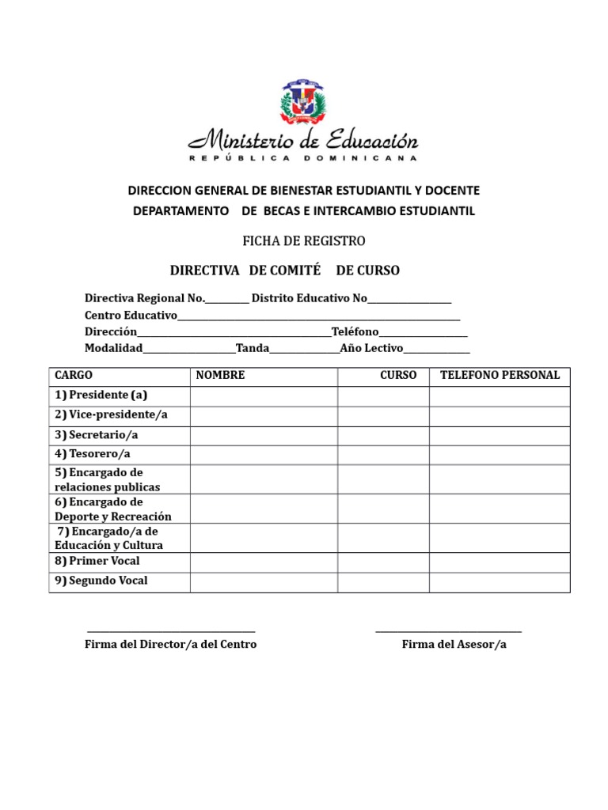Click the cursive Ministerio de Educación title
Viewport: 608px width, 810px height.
[x=303, y=142]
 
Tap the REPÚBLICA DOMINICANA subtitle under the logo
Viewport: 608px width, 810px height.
[x=303, y=159]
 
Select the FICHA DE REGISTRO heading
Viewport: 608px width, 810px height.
[x=303, y=240]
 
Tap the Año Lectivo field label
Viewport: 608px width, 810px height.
[x=371, y=348]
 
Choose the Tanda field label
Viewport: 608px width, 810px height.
[x=253, y=348]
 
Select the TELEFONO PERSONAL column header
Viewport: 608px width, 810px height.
[x=500, y=376]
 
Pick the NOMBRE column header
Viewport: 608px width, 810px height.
[x=221, y=376]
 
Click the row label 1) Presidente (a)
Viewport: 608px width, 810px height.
[x=101, y=396]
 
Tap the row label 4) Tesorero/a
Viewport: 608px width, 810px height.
[x=93, y=454]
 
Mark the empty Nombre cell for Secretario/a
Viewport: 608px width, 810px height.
[x=264, y=435]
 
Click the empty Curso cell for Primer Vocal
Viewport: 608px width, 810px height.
[x=383, y=562]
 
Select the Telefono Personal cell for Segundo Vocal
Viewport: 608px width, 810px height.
[x=500, y=581]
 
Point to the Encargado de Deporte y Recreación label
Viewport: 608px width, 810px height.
[x=113, y=509]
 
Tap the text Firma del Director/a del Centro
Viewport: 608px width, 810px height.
[x=170, y=645]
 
